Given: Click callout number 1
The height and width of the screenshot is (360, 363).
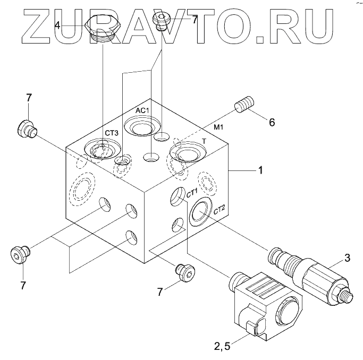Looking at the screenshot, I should pos(260,170).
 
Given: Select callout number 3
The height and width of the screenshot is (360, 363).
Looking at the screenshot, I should pos(347,259).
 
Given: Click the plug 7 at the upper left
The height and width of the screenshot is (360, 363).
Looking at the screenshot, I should pos(27,128).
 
